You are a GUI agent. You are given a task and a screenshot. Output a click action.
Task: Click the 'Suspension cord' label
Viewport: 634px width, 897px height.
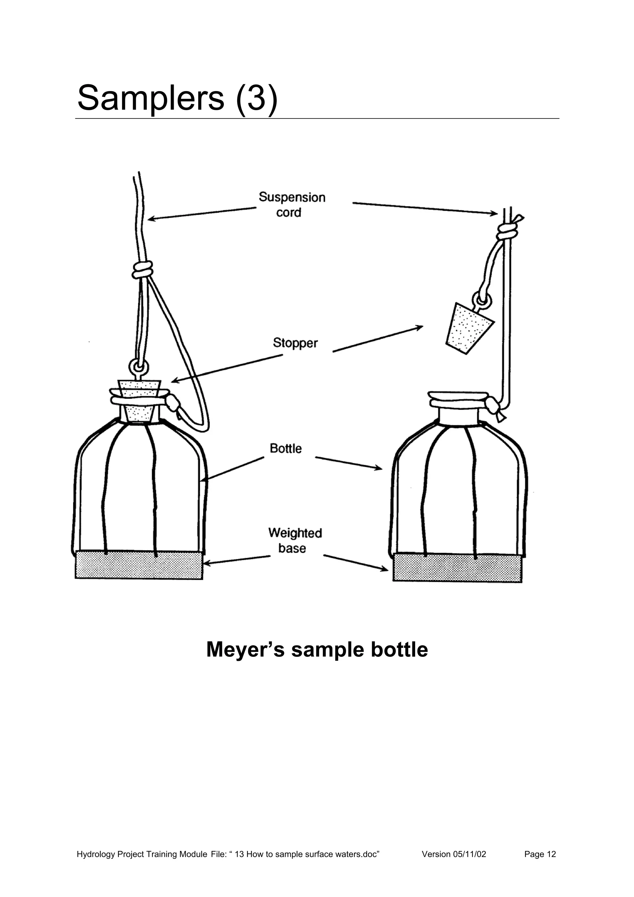click(x=292, y=205)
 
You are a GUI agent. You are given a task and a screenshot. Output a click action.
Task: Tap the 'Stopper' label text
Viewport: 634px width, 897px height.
click(x=295, y=343)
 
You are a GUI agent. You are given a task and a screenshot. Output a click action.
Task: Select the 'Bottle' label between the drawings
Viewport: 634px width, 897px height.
click(x=285, y=448)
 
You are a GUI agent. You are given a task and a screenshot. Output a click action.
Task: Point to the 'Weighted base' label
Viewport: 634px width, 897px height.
click(x=295, y=541)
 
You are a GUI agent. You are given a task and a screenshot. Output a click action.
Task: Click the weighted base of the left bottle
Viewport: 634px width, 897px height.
click(x=139, y=565)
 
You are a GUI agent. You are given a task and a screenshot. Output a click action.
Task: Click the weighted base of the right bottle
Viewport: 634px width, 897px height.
click(x=457, y=568)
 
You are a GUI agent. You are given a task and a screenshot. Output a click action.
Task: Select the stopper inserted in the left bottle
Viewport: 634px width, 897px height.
click(x=139, y=401)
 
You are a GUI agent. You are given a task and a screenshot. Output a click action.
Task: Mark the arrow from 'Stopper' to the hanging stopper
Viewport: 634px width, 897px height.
click(x=378, y=339)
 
